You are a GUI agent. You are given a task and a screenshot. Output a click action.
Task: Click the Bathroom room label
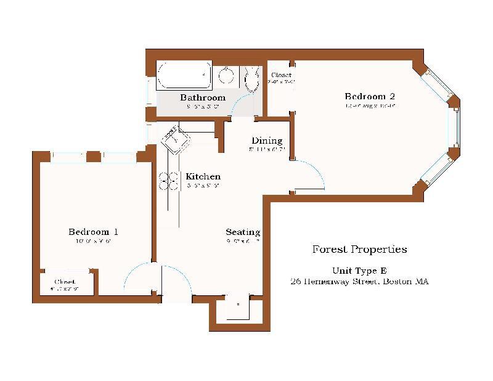pyautogui.click(x=202, y=97)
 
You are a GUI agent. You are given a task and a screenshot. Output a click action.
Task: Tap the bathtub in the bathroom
pyautogui.click(x=184, y=75)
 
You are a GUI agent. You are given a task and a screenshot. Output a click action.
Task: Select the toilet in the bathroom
pyautogui.click(x=251, y=79)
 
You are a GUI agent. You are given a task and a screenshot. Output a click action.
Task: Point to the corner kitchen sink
pyautogui.click(x=177, y=140)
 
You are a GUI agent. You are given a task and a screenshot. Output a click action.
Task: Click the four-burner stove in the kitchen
pyautogui.click(x=168, y=181)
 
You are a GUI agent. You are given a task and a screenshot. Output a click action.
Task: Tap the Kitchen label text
pyautogui.click(x=203, y=176)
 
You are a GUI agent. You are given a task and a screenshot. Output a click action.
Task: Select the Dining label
pyautogui.click(x=266, y=141)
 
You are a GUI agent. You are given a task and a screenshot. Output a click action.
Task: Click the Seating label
pyautogui.click(x=243, y=232)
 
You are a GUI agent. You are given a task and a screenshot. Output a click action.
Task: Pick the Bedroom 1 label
pyautogui.click(x=93, y=232)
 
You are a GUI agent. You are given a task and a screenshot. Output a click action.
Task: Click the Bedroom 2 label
pyautogui.click(x=369, y=96)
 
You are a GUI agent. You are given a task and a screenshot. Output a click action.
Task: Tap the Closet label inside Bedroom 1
pyautogui.click(x=65, y=282)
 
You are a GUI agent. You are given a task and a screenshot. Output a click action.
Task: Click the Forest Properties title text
pyautogui.click(x=359, y=250)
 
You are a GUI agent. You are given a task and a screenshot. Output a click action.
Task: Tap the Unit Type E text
pyautogui.click(x=359, y=270)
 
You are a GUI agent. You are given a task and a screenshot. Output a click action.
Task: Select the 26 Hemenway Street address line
pyautogui.click(x=359, y=281)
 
